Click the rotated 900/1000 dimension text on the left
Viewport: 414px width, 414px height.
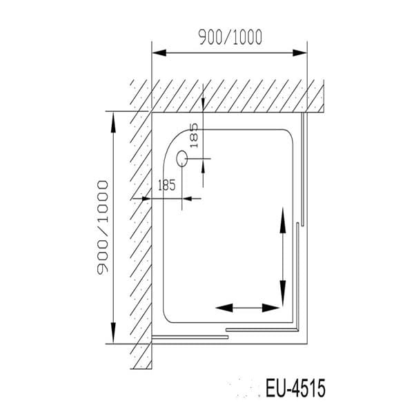coord(103,228)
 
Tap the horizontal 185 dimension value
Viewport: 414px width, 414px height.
coord(167,185)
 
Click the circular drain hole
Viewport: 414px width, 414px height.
coord(183,159)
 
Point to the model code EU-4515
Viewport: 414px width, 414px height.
coord(295,388)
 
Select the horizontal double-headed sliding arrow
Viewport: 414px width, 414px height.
coord(247,308)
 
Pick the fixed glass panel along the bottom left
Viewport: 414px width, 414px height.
coord(190,337)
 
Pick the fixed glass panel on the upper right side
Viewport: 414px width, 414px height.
coord(303,169)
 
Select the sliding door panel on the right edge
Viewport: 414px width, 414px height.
coord(297,276)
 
